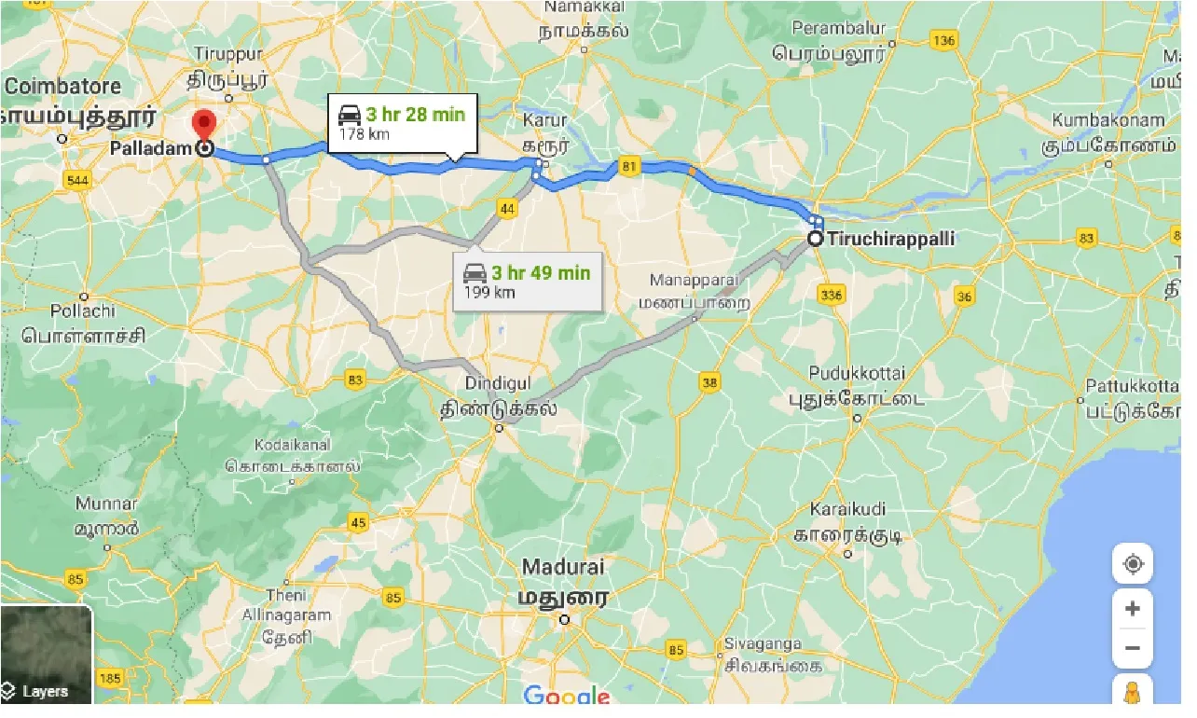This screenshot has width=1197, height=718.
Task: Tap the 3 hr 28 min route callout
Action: [402, 123]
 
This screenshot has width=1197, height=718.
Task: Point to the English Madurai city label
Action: [563, 567]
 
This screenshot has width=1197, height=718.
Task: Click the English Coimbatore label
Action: [63, 86]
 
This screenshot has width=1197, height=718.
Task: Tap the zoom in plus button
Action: [1132, 609]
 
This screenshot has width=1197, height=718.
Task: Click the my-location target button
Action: [1132, 564]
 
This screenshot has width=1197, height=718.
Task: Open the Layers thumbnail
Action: [46, 655]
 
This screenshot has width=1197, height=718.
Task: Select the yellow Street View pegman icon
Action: [1132, 693]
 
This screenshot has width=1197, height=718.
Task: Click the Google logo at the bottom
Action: [566, 696]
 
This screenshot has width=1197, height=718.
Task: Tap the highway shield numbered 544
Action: [77, 178]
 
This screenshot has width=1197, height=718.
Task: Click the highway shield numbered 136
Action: [943, 40]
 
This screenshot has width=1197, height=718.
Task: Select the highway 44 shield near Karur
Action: [507, 208]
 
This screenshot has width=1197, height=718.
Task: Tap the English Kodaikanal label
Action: [293, 442]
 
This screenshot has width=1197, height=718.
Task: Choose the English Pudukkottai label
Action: [857, 373]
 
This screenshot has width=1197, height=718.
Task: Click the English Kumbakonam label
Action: [1108, 120]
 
